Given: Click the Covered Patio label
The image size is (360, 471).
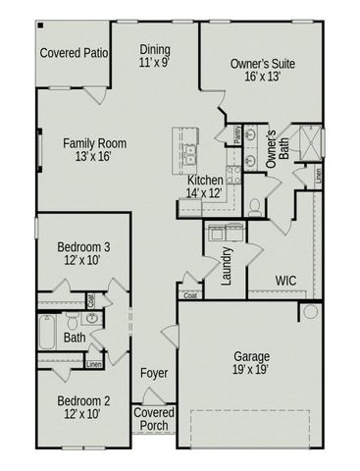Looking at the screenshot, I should pos(74,51).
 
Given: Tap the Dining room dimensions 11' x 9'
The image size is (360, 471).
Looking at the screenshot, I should pos(154,62).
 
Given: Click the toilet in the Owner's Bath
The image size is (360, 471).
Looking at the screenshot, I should pos(253,205).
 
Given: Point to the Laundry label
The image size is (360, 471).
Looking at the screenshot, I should pos(227,266).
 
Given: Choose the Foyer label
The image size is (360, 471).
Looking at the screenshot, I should pos(153,374).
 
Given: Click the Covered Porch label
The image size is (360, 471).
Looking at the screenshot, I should pos(153,420).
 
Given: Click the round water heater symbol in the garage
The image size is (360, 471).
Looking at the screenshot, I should pos(310,312).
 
